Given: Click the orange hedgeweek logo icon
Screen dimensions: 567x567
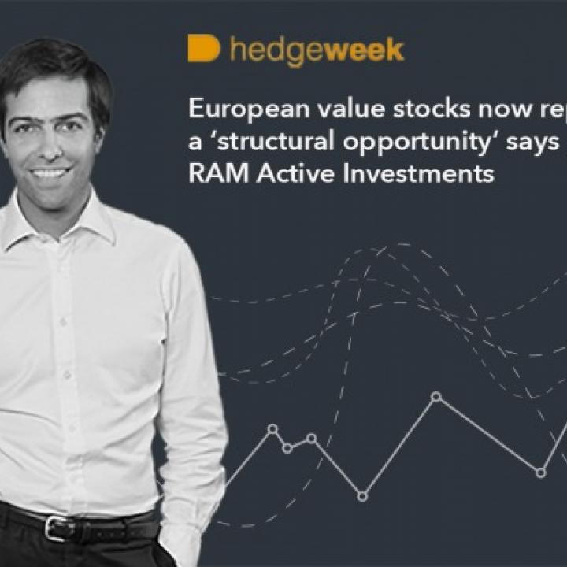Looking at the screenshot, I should [x=203, y=48].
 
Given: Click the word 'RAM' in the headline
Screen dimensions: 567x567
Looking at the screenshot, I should [x=209, y=174].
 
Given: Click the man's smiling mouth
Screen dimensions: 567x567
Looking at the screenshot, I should [x=51, y=172].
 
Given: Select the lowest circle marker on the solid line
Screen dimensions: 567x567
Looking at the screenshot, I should [x=362, y=496].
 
